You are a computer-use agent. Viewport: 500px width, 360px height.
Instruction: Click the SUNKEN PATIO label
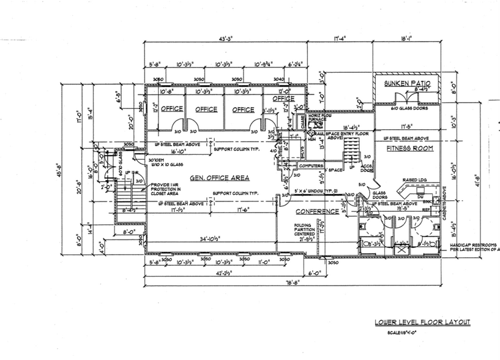pyautogui.click(x=404, y=83)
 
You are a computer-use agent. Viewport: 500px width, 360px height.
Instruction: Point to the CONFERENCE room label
pyautogui.click(x=318, y=212)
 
